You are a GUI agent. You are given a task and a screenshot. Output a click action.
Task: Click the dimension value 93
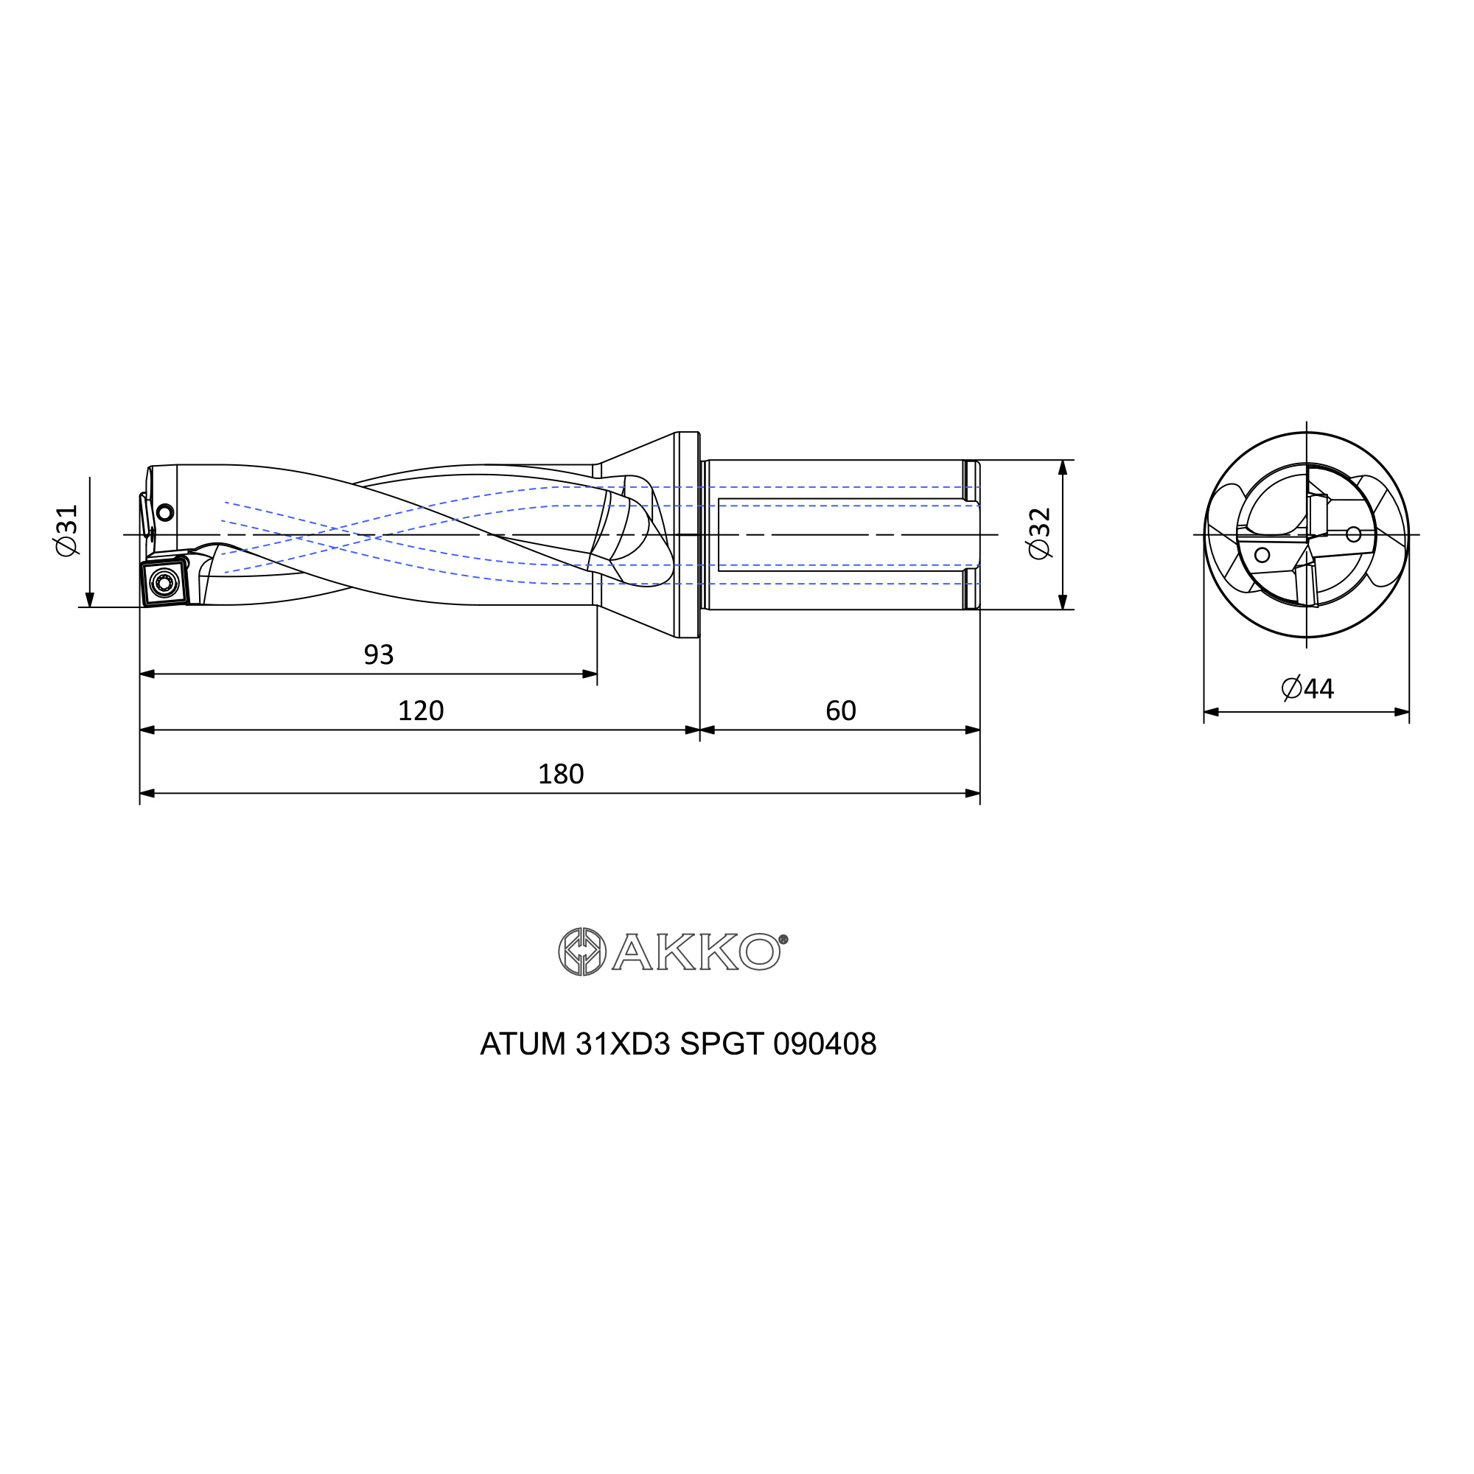pos(378,654)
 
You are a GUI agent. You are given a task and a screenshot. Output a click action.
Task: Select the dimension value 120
pos(420,710)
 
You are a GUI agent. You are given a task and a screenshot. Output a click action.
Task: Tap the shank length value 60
pos(841,710)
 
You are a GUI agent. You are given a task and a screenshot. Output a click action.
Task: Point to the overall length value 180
pos(561,775)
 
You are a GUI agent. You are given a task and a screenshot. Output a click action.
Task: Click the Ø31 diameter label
pos(67,530)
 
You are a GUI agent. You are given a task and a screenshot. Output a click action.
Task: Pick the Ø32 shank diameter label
pos(1040,534)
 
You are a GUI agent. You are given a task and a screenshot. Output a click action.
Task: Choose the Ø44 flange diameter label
pos(1307,688)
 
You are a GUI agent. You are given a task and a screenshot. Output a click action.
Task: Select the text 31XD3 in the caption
pos(623,1044)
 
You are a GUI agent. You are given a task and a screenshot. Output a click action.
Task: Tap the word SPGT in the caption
pos(722,1044)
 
